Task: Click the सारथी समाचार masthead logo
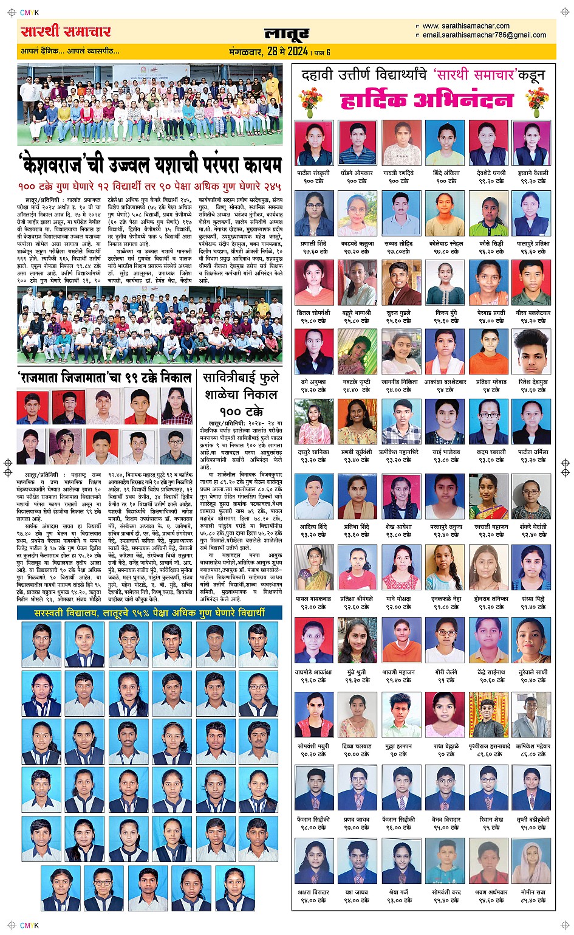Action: click(66, 32)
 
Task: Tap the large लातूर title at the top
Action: click(287, 33)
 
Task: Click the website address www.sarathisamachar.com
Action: click(465, 26)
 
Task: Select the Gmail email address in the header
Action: click(483, 35)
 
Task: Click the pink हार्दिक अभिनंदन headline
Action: click(426, 100)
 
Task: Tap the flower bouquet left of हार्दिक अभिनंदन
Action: click(310, 102)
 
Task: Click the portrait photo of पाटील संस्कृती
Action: click(313, 143)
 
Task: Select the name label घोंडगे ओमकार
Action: click(357, 173)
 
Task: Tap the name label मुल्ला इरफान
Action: click(398, 746)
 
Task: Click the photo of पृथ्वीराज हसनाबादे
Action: click(489, 715)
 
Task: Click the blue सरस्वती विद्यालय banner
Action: click(149, 613)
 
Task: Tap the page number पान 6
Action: click(321, 52)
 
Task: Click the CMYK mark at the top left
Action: click(29, 13)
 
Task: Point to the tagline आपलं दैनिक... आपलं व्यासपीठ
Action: click(70, 51)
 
